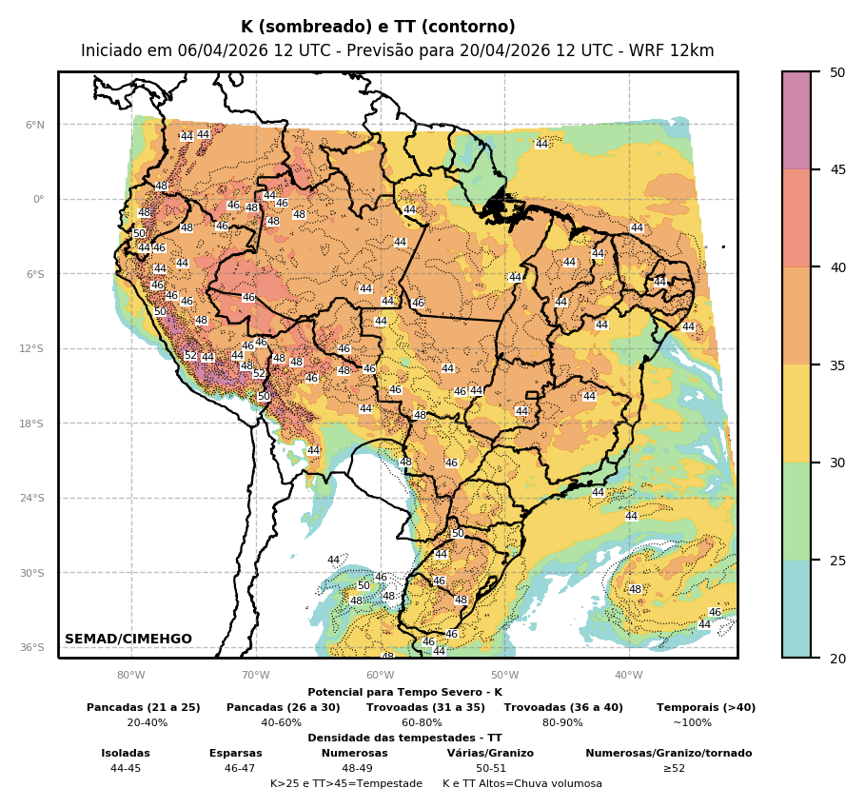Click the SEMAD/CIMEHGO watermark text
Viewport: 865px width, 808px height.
pos(128,639)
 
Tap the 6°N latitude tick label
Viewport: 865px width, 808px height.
pos(34,125)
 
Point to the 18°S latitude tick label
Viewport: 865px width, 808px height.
pos(32,424)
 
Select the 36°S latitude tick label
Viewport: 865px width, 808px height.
pos(32,647)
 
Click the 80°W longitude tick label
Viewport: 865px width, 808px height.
pos(131,676)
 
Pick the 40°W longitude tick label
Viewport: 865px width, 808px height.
pos(628,676)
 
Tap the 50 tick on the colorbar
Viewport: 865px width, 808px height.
pos(837,72)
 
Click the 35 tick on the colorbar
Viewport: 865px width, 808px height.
pos(837,365)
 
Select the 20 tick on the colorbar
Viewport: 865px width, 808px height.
pos(837,658)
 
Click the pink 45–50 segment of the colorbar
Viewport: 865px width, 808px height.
pos(796,121)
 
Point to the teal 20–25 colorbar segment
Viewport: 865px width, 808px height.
pos(796,609)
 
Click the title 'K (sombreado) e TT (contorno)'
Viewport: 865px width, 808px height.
pos(378,28)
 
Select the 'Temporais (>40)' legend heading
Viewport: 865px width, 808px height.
pos(706,707)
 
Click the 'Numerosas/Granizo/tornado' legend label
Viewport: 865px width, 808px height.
pos(668,753)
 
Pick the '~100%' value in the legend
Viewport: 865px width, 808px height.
pos(692,723)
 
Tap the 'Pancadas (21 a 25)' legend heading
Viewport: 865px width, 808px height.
pos(144,707)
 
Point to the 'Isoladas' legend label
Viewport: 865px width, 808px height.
pos(126,753)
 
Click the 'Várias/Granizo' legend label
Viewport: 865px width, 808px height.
pos(490,753)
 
